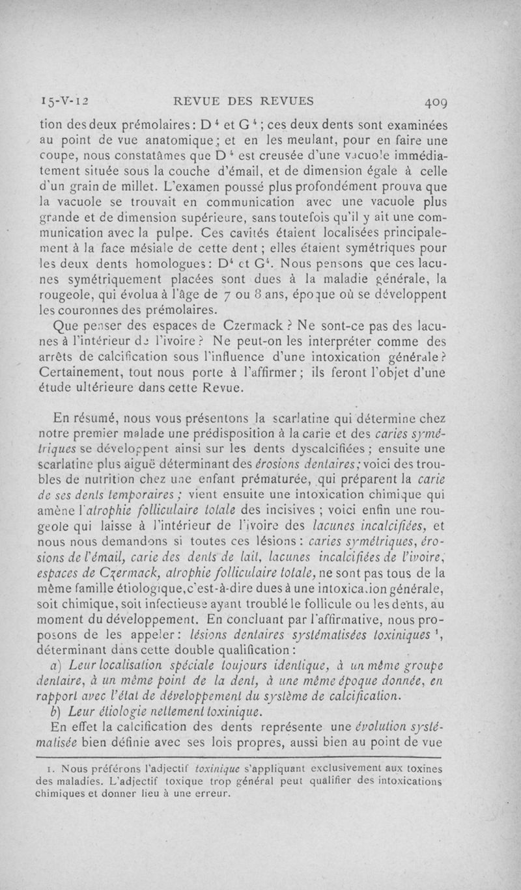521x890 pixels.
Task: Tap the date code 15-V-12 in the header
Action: point(67,101)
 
